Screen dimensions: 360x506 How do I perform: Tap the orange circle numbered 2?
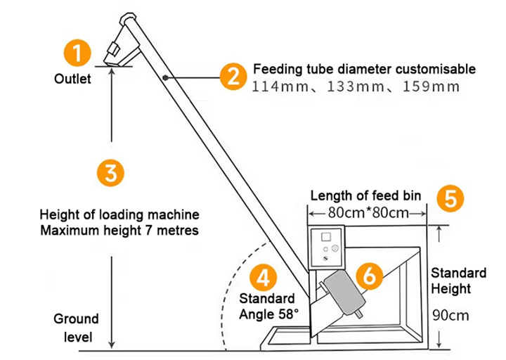coord(232,75)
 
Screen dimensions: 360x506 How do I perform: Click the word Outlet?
coord(72,79)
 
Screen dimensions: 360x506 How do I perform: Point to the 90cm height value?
coord(450,315)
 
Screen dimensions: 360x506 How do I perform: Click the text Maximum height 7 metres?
coord(119,231)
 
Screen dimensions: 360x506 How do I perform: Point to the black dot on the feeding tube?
coord(164,78)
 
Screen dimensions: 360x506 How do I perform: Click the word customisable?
coord(429,70)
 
